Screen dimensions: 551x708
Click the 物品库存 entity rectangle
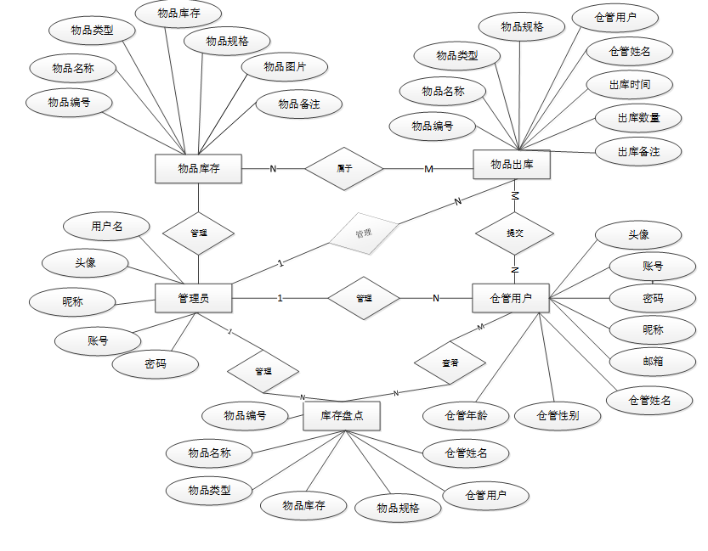pos(198,168)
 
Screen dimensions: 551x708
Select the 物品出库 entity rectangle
pos(512,164)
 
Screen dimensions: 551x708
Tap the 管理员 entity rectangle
pos(194,298)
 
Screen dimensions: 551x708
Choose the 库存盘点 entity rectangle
pos(342,416)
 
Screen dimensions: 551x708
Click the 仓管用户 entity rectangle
pos(511,298)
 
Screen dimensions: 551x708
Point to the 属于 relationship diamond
pos(344,168)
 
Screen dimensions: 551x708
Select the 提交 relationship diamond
pos(514,233)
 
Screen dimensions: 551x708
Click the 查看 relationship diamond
pos(450,362)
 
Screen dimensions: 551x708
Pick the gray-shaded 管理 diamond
pos(364,232)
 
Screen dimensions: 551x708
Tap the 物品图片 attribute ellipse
pos(285,66)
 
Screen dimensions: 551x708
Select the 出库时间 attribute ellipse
pos(630,84)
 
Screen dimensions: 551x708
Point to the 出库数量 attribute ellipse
pos(638,117)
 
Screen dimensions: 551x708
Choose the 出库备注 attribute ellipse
pos(638,152)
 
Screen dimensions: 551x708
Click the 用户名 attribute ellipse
pos(107,226)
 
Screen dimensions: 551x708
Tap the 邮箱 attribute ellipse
pos(653,360)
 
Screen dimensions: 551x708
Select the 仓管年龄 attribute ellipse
pos(466,415)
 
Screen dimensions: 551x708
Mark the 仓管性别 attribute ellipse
pos(558,415)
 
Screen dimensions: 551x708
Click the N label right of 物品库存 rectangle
pos(273,168)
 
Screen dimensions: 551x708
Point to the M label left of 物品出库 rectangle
pos(428,169)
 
